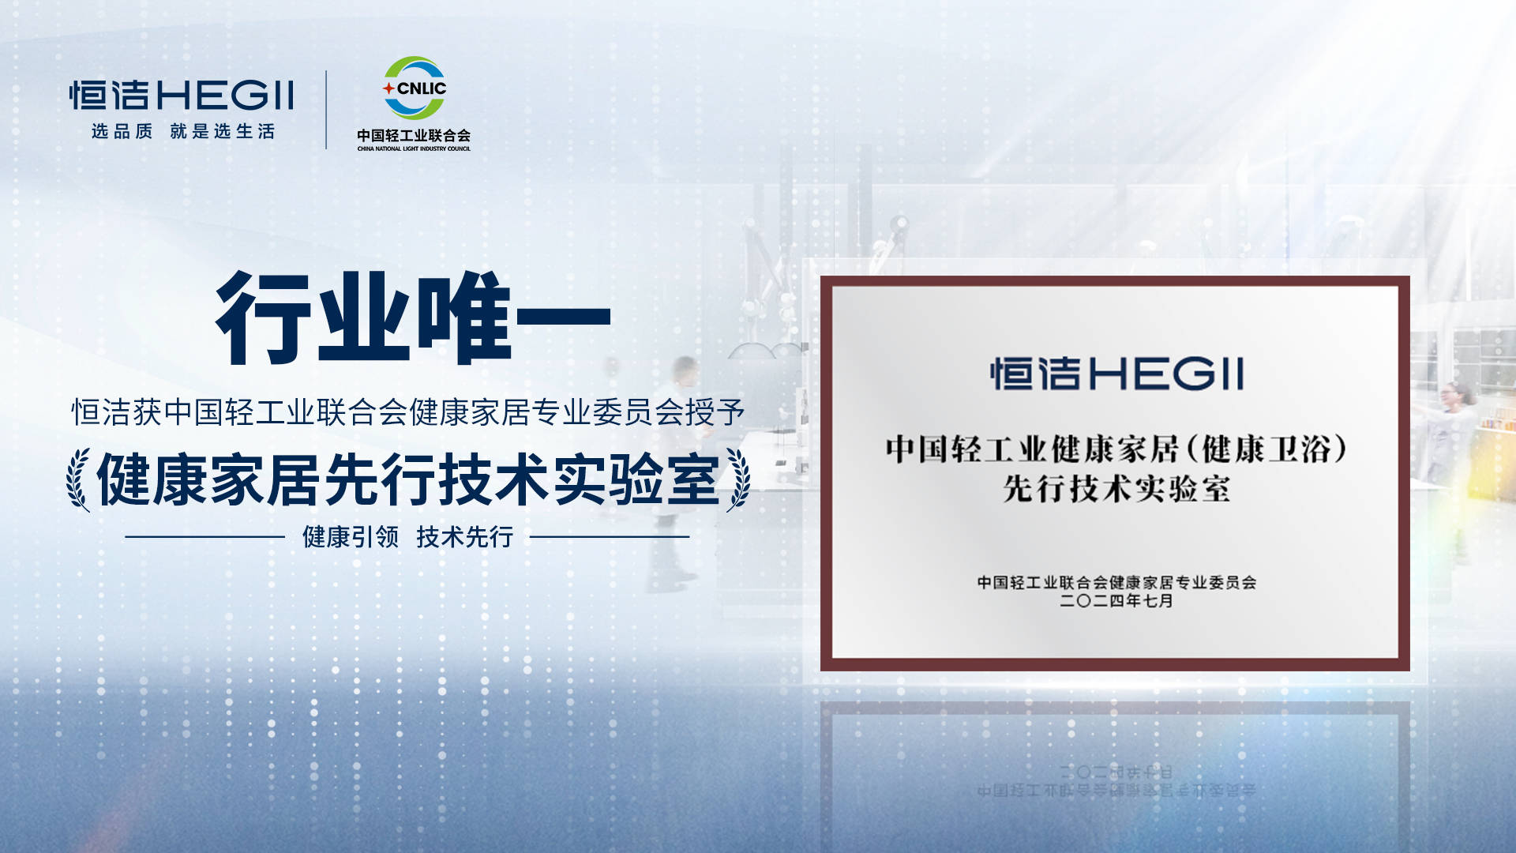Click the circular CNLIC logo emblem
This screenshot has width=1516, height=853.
pyautogui.click(x=414, y=88)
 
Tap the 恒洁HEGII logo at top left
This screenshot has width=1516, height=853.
pyautogui.click(x=182, y=95)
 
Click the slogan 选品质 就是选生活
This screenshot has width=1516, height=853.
pyautogui.click(x=183, y=131)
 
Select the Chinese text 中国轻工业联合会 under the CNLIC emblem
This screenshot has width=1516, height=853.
pyautogui.click(x=414, y=135)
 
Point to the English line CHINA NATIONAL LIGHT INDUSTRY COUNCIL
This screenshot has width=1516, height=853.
pyautogui.click(x=414, y=148)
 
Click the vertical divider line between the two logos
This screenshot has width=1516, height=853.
pyautogui.click(x=326, y=110)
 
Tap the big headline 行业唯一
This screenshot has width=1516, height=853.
pyautogui.click(x=413, y=318)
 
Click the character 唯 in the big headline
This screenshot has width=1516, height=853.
pyautogui.click(x=465, y=318)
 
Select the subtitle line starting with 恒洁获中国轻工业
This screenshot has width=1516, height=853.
pyautogui.click(x=408, y=411)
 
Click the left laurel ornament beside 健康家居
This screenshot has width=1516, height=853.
pyautogui.click(x=79, y=479)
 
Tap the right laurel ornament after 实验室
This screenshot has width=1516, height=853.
pyautogui.click(x=738, y=479)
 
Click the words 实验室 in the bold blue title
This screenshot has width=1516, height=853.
pyautogui.click(x=636, y=479)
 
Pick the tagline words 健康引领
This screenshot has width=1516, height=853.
pyautogui.click(x=351, y=537)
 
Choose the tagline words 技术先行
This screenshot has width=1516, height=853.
pyautogui.click(x=465, y=537)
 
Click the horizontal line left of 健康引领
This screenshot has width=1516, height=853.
pyautogui.click(x=205, y=537)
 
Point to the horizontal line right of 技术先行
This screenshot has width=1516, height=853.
pyautogui.click(x=610, y=537)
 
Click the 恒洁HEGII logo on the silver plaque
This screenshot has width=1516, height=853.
pyautogui.click(x=1116, y=374)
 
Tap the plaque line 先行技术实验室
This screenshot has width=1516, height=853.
pyautogui.click(x=1116, y=489)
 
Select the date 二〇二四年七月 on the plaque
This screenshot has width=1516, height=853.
pyautogui.click(x=1116, y=601)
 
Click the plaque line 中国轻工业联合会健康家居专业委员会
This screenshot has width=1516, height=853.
pyautogui.click(x=1116, y=583)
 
